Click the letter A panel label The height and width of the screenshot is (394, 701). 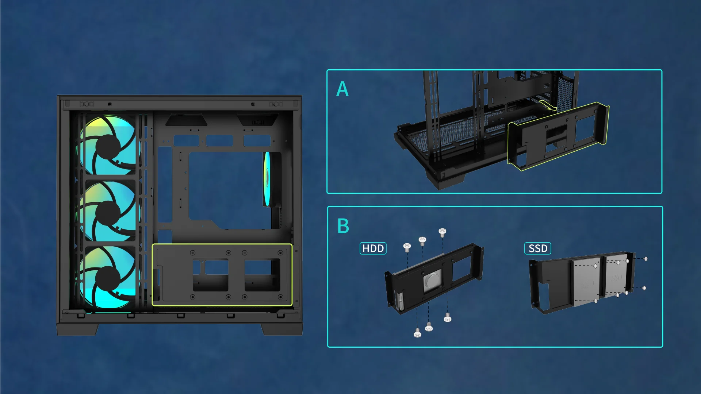coord(342,89)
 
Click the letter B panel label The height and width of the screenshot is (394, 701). coord(343,226)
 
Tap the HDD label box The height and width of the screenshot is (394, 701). coord(373,248)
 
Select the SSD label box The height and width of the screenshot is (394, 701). coord(537,248)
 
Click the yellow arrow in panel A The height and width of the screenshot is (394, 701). coord(548,106)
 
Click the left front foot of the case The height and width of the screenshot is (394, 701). coord(77,329)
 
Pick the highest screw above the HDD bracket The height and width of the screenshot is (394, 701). coord(442,232)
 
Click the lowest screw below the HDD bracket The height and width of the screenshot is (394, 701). coord(417,333)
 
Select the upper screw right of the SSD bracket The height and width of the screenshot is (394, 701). coord(646,259)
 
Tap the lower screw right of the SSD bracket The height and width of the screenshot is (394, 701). coord(644,288)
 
